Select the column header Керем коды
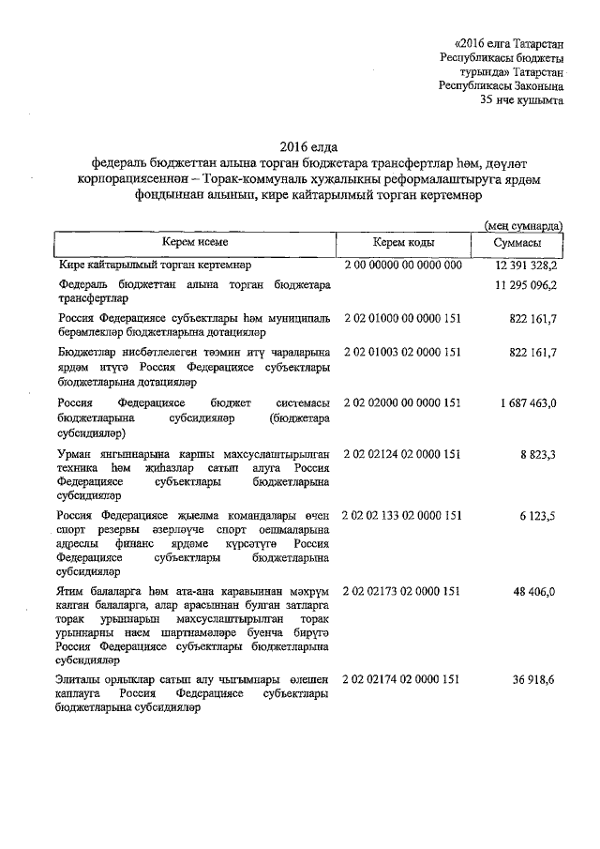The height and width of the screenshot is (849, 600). pos(403,243)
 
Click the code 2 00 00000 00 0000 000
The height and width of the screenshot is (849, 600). pos(403,265)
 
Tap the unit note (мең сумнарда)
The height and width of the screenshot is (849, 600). pos(522,226)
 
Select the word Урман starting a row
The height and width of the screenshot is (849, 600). pos(74,454)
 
